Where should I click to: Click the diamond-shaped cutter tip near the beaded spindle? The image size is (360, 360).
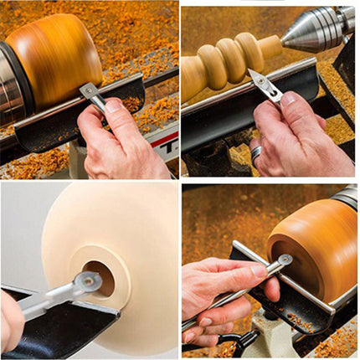tap(262, 85)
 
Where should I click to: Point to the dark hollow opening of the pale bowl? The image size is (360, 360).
tap(100, 277)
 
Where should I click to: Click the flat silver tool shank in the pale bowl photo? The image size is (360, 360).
tap(50, 301)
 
